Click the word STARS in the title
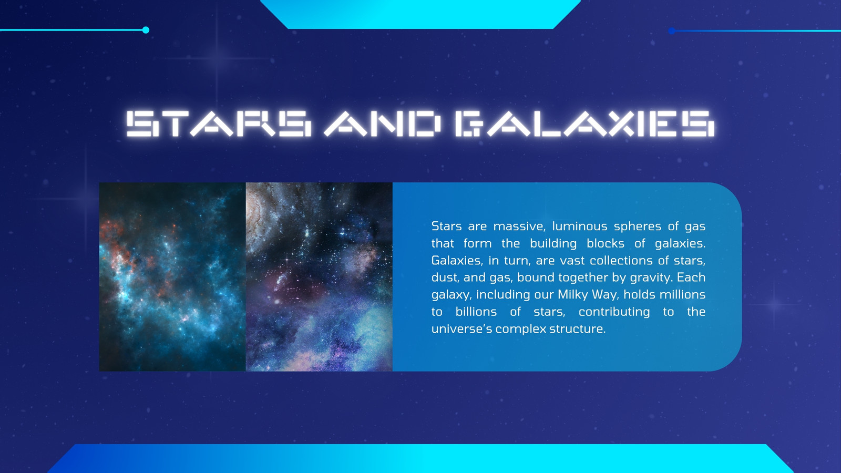point(219,124)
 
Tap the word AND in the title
point(382,124)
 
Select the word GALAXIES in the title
point(584,124)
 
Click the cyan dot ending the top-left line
point(146,30)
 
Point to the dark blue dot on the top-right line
point(672,31)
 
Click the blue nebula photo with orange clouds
point(172,276)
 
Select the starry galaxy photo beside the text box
point(319,276)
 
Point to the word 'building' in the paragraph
point(553,244)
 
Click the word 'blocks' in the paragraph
point(605,244)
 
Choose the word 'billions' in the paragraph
point(476,312)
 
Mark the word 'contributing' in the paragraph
point(614,312)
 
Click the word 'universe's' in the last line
point(462,329)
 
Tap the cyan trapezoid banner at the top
point(420,14)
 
